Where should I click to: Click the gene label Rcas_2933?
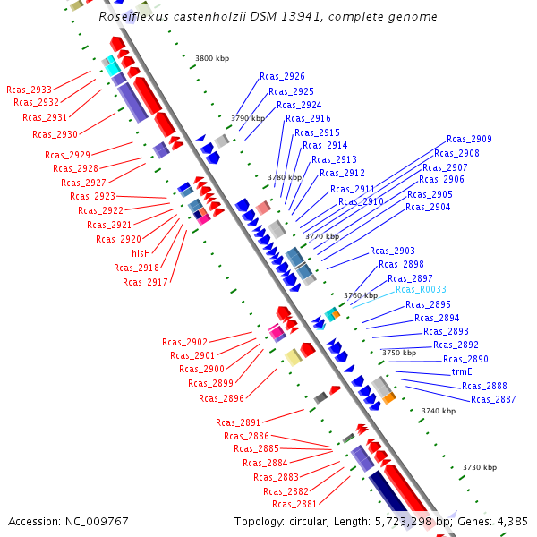click(x=29, y=89)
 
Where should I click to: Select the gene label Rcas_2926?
click(x=282, y=77)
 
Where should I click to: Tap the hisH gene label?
click(x=141, y=253)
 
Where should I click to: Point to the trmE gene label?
click(x=461, y=371)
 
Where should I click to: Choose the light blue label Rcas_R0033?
click(x=421, y=290)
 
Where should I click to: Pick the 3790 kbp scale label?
click(x=248, y=118)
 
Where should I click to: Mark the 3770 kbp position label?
click(x=322, y=236)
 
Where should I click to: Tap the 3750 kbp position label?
click(x=399, y=354)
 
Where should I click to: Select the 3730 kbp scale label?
click(x=479, y=467)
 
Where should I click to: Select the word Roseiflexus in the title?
click(x=132, y=16)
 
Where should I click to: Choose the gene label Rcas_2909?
click(x=469, y=140)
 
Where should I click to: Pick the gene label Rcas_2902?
click(x=184, y=342)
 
